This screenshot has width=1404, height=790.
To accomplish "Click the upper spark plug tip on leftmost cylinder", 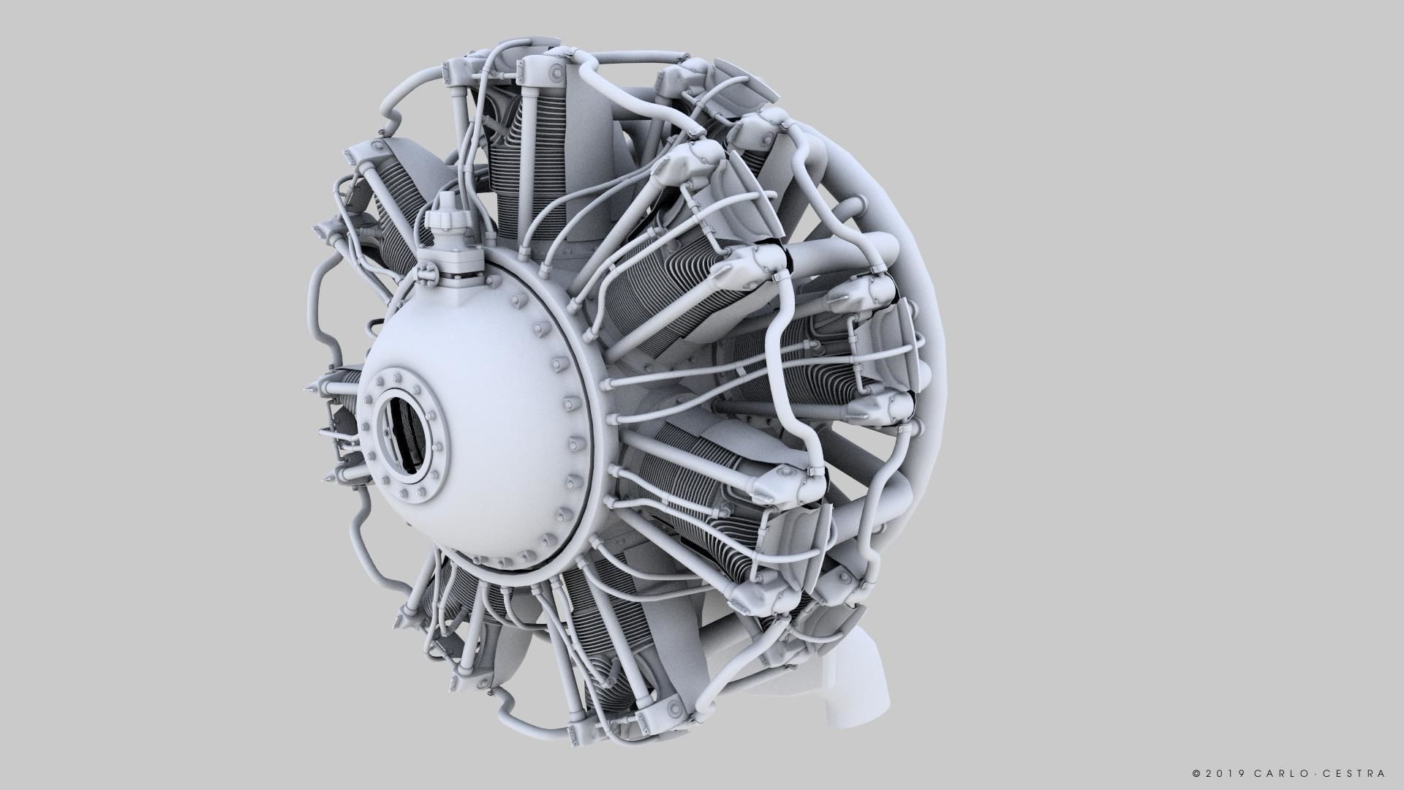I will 306,388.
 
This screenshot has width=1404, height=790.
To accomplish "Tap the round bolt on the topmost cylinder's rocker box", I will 554,74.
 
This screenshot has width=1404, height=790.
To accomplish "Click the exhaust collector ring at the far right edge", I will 929,307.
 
